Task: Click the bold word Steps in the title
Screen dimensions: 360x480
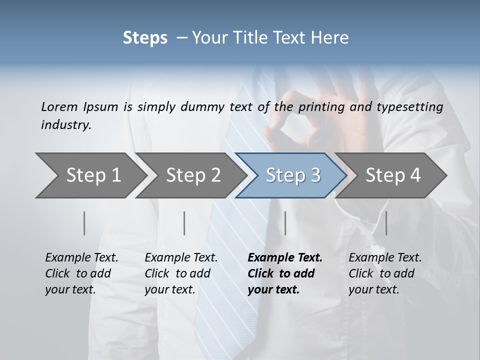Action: pyautogui.click(x=145, y=38)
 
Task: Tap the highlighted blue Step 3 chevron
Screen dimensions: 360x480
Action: pyautogui.click(x=293, y=175)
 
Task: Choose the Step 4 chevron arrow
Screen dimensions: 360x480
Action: pyautogui.click(x=393, y=175)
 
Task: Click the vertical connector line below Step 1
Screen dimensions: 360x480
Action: pyautogui.click(x=84, y=223)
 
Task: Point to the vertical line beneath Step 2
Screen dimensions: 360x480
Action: pyautogui.click(x=184, y=223)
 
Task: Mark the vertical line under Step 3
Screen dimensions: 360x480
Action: pyautogui.click(x=285, y=223)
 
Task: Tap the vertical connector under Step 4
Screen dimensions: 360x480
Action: pyautogui.click(x=386, y=223)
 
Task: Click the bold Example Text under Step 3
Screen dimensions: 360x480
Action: pyautogui.click(x=285, y=258)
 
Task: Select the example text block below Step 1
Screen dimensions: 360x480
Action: pyautogui.click(x=81, y=273)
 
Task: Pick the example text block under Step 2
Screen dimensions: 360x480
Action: pyautogui.click(x=181, y=273)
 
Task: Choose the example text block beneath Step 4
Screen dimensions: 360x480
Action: pyautogui.click(x=385, y=273)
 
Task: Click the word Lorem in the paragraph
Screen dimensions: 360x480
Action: pyautogui.click(x=59, y=106)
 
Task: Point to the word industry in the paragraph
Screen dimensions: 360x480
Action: pyautogui.click(x=66, y=124)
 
